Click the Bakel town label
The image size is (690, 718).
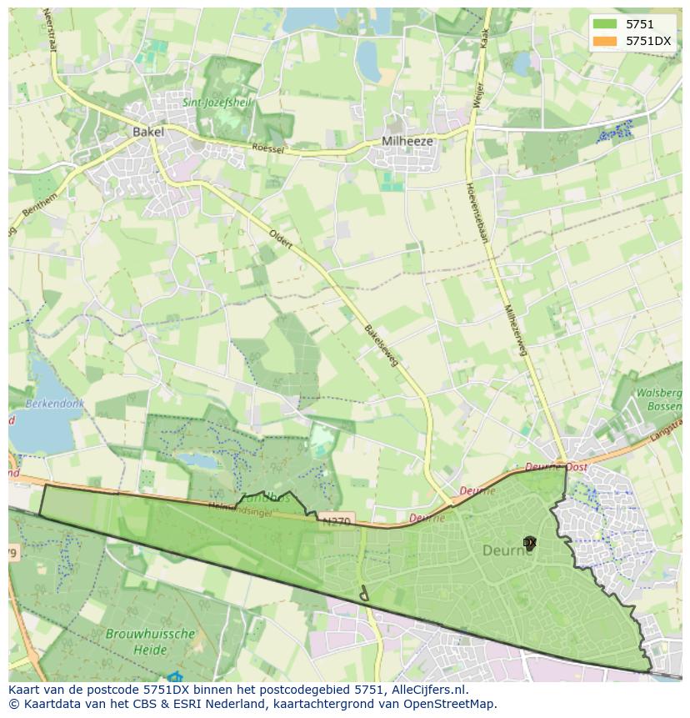pos(147,132)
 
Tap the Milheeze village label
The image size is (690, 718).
pos(407,141)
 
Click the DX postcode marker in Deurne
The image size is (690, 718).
pos(529,542)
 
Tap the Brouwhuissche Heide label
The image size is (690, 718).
pos(150,641)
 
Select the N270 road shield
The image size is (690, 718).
pos(336,522)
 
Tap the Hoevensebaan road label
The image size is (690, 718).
pos(477,213)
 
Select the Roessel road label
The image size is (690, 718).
pos(268,148)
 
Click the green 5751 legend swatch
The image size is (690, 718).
pos(605,24)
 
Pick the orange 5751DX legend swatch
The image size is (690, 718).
pos(605,41)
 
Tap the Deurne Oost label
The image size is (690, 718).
pos(556,467)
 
